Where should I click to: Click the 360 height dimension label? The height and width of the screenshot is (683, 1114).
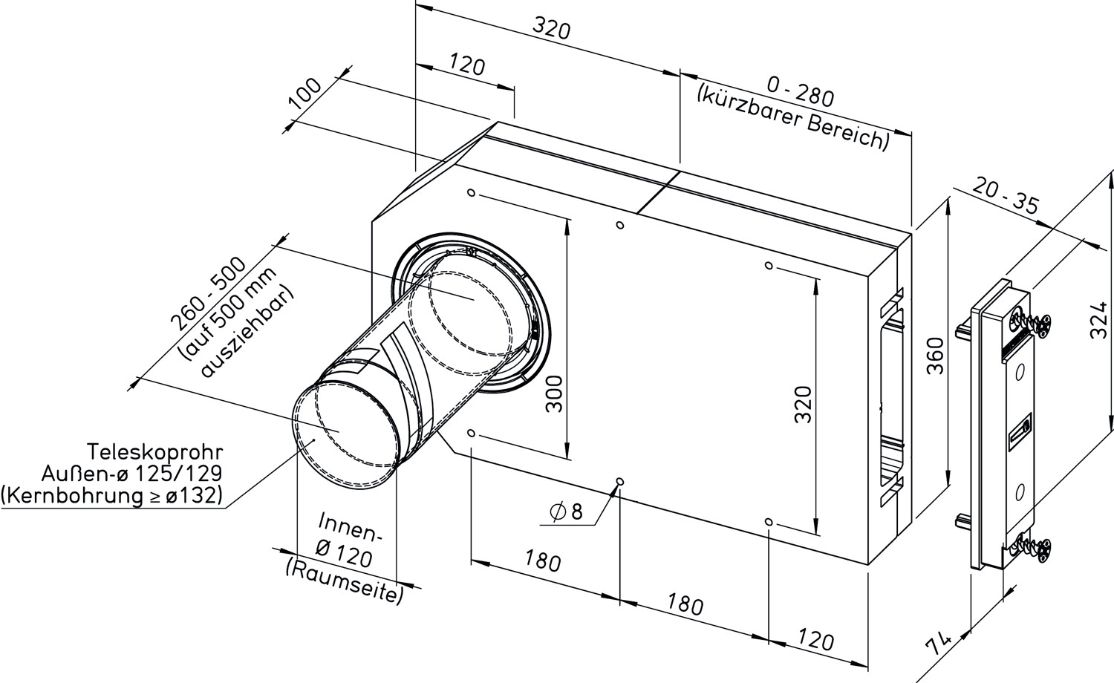(x=936, y=356)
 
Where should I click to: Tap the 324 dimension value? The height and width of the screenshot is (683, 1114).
(x=1098, y=321)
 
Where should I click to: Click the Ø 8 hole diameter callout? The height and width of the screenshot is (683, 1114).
(x=566, y=512)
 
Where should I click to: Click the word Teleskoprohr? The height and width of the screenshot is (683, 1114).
(x=155, y=453)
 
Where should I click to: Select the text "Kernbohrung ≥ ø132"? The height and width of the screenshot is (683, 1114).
(x=111, y=496)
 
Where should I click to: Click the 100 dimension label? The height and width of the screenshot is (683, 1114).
(x=305, y=94)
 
